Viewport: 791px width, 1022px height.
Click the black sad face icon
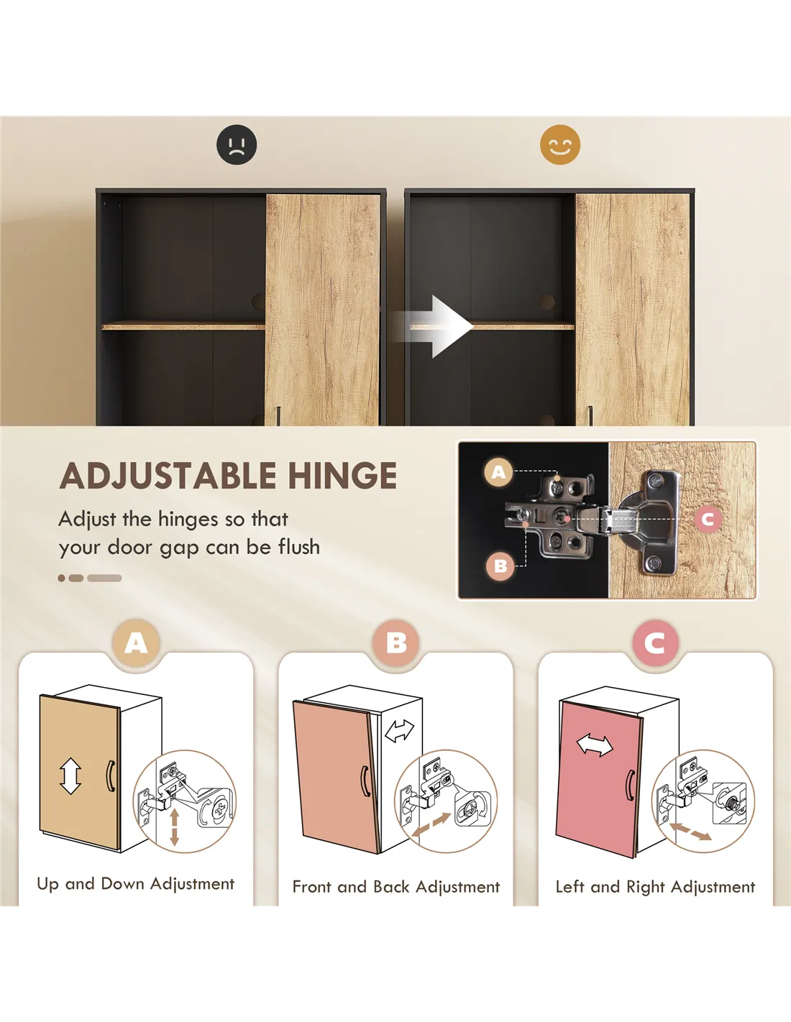tap(237, 144)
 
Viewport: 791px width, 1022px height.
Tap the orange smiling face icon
tap(560, 144)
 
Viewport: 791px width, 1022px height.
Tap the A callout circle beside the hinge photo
tap(499, 471)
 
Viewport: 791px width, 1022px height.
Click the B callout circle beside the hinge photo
tap(500, 566)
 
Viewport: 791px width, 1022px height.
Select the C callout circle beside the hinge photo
tap(708, 519)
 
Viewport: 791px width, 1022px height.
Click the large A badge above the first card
tap(136, 643)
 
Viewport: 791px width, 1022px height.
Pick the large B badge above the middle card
tap(396, 643)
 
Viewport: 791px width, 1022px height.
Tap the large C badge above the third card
tap(656, 643)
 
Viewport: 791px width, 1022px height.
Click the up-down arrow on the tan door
tap(70, 775)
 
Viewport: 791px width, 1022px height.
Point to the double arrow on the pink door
tap(595, 745)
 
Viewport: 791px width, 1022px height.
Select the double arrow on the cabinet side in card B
tap(400, 730)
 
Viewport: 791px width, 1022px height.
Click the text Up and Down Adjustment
tap(135, 884)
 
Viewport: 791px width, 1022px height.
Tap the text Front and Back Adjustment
tap(396, 887)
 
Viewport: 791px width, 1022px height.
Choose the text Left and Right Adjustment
tap(656, 887)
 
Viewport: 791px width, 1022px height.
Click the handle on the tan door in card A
tap(111, 775)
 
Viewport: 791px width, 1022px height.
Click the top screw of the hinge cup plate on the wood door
tap(655, 481)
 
